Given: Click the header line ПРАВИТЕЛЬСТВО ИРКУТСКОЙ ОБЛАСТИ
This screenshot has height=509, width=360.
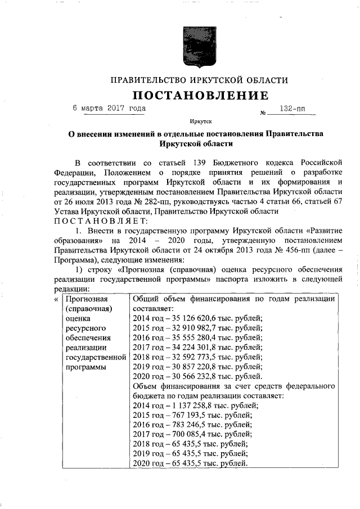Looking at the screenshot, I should (x=200, y=80).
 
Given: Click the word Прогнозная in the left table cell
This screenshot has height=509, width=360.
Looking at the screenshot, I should (x=86, y=299).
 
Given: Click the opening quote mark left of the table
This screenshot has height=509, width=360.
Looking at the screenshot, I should (x=55, y=299).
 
